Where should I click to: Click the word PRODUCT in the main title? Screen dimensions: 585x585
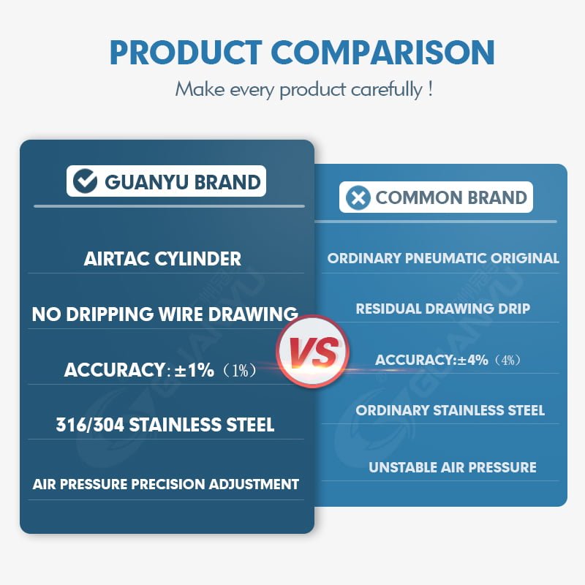click(x=186, y=53)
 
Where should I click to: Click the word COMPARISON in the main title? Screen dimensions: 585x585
click(x=382, y=53)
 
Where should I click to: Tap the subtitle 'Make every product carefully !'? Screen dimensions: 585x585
click(x=304, y=89)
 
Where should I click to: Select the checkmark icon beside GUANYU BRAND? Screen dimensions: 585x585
click(x=85, y=181)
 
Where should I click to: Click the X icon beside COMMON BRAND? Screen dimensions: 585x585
click(x=358, y=197)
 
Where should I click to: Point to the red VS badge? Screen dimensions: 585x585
click(x=313, y=352)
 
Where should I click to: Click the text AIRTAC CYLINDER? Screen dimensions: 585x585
click(x=162, y=259)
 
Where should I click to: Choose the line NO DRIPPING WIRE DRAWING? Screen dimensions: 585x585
click(x=165, y=314)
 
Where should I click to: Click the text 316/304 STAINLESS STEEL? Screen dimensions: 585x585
click(x=165, y=425)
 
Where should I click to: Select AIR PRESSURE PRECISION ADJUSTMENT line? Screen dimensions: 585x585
click(x=166, y=484)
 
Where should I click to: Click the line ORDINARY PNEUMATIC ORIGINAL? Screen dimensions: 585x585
click(x=443, y=258)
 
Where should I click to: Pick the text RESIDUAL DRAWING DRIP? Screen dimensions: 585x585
click(x=443, y=309)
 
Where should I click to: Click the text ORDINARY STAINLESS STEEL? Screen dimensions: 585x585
click(x=450, y=410)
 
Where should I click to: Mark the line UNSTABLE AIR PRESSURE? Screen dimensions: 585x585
click(x=452, y=467)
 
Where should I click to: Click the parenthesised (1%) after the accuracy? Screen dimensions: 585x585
click(x=239, y=370)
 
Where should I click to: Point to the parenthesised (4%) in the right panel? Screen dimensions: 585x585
click(x=507, y=361)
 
